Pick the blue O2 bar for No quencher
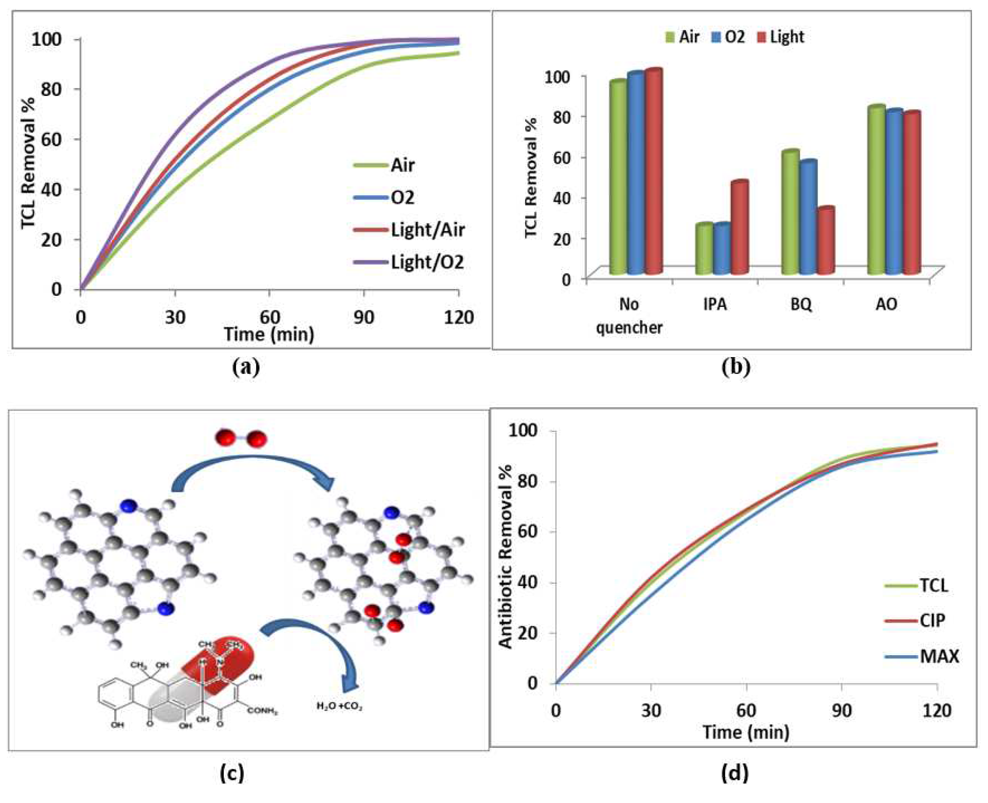pos(636,174)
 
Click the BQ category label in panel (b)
pos(801,305)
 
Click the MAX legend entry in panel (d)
pos(939,656)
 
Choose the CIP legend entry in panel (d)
pos(932,620)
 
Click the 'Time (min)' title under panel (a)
pos(269,334)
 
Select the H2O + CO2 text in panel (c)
pos(339,706)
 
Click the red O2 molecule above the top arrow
pos(241,439)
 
